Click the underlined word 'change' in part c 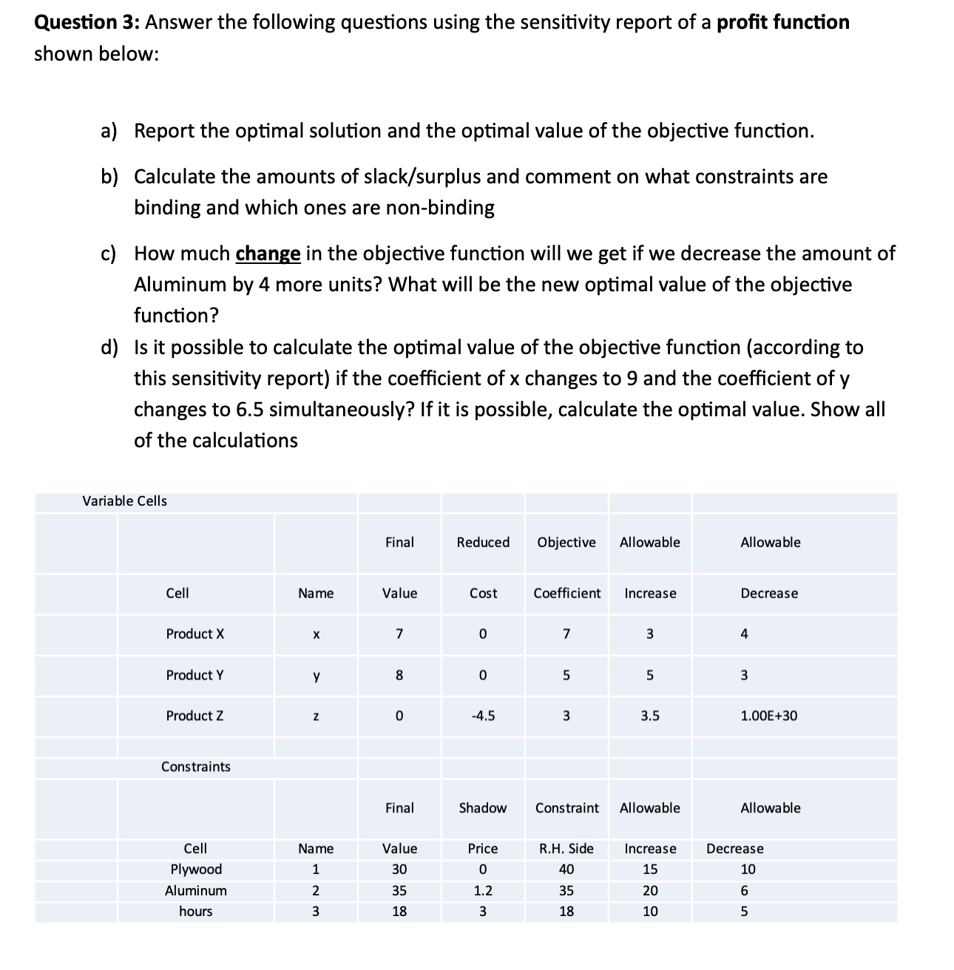click(x=268, y=254)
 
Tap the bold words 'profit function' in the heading click(x=783, y=22)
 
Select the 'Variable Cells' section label click(x=124, y=501)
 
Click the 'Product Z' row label click(x=194, y=716)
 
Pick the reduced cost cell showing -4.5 click(x=483, y=716)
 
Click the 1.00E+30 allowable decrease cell click(x=768, y=716)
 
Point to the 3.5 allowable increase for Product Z click(x=649, y=716)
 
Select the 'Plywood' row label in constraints click(x=195, y=869)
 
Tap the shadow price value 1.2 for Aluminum click(x=483, y=891)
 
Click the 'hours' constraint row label click(x=195, y=912)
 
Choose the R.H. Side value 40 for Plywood click(x=566, y=869)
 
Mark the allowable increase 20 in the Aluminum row click(x=649, y=891)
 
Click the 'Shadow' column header click(x=483, y=808)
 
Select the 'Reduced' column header click(x=483, y=543)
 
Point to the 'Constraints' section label click(x=195, y=767)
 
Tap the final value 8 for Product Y click(x=399, y=675)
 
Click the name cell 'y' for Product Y click(x=316, y=675)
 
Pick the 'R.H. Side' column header click(x=566, y=849)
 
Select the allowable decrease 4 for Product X click(x=744, y=634)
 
